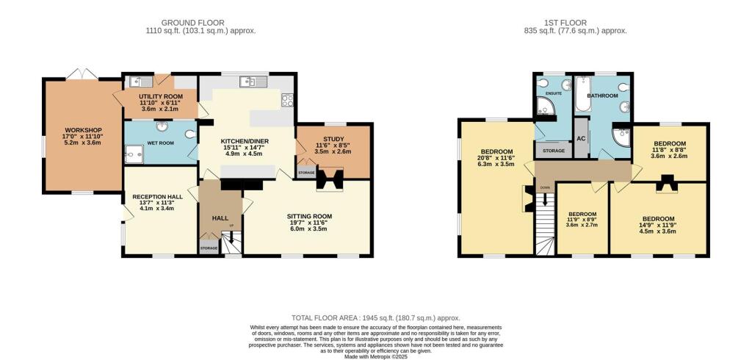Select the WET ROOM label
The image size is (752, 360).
tap(160, 143)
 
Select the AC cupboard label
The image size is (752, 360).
tap(580, 139)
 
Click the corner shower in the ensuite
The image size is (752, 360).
tap(546, 109)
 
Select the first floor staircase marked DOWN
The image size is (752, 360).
tap(545, 221)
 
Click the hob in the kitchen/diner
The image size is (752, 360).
tap(288, 101)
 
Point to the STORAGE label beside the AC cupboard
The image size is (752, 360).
tap(554, 151)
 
